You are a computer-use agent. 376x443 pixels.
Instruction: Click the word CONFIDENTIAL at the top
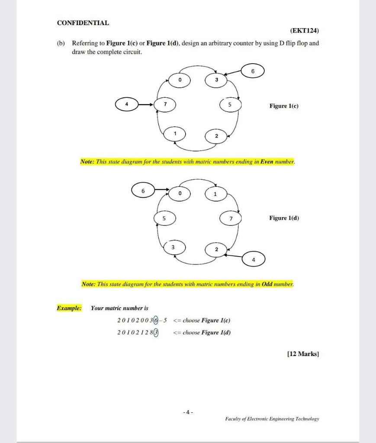coord(83,23)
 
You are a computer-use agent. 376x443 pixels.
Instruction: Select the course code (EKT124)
coord(304,31)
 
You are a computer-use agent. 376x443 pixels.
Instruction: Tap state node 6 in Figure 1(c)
coord(253,71)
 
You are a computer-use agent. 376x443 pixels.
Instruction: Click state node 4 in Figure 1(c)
coord(126,104)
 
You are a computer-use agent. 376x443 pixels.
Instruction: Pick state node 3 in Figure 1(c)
coord(216,80)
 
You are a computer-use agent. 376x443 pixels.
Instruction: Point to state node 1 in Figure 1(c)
coord(175,134)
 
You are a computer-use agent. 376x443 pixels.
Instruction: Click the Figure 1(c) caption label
coord(284,106)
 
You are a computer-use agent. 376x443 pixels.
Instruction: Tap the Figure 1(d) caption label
coord(284,218)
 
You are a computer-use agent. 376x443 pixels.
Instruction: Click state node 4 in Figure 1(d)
coord(254,260)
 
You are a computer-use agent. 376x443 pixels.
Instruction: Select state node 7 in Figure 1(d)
coord(231,218)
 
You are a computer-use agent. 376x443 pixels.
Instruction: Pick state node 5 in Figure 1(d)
coord(164,218)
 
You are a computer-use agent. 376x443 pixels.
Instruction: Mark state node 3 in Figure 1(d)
coord(173,247)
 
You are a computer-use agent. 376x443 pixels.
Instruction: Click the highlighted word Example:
coord(69,308)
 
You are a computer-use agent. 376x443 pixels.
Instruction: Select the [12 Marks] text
coord(303,354)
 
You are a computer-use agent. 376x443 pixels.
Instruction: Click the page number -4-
coord(188,413)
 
